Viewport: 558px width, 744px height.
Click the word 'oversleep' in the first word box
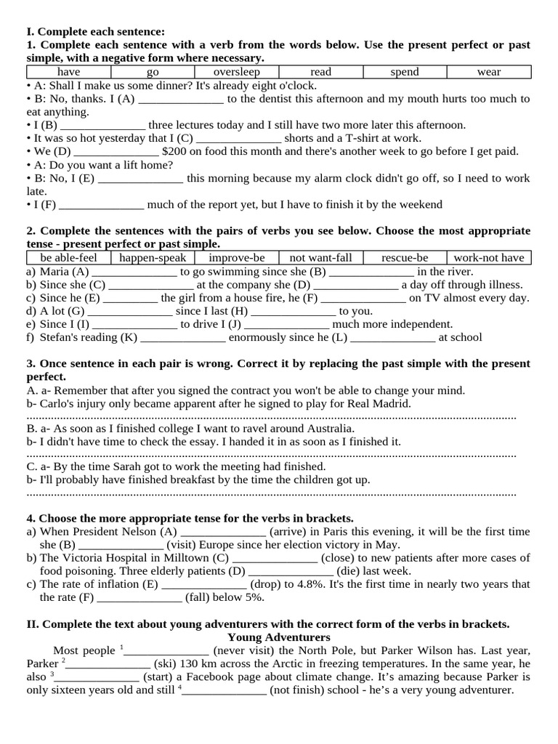click(x=236, y=72)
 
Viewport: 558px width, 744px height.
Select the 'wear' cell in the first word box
click(x=489, y=72)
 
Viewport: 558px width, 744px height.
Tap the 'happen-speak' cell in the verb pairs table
click(x=153, y=258)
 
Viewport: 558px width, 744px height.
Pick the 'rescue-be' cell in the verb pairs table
click(x=405, y=258)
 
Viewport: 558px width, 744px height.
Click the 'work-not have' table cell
click(x=489, y=258)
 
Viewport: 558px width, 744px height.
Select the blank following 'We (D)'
click(x=116, y=151)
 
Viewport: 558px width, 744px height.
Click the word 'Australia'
click(x=310, y=429)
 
